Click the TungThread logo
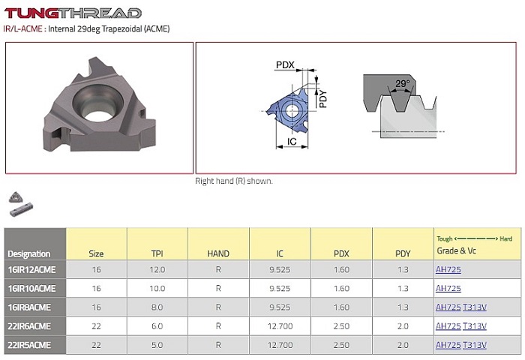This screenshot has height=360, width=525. click(73, 13)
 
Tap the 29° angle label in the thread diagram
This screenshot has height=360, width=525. click(403, 83)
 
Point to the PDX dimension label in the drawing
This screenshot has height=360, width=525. click(285, 64)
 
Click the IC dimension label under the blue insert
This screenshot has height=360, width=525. click(292, 141)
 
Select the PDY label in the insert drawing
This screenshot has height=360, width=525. click(322, 99)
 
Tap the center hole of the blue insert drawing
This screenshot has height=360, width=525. click(292, 109)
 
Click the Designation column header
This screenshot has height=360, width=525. click(28, 253)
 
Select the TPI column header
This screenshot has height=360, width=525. click(157, 253)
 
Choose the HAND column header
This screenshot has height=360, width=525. click(218, 253)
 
